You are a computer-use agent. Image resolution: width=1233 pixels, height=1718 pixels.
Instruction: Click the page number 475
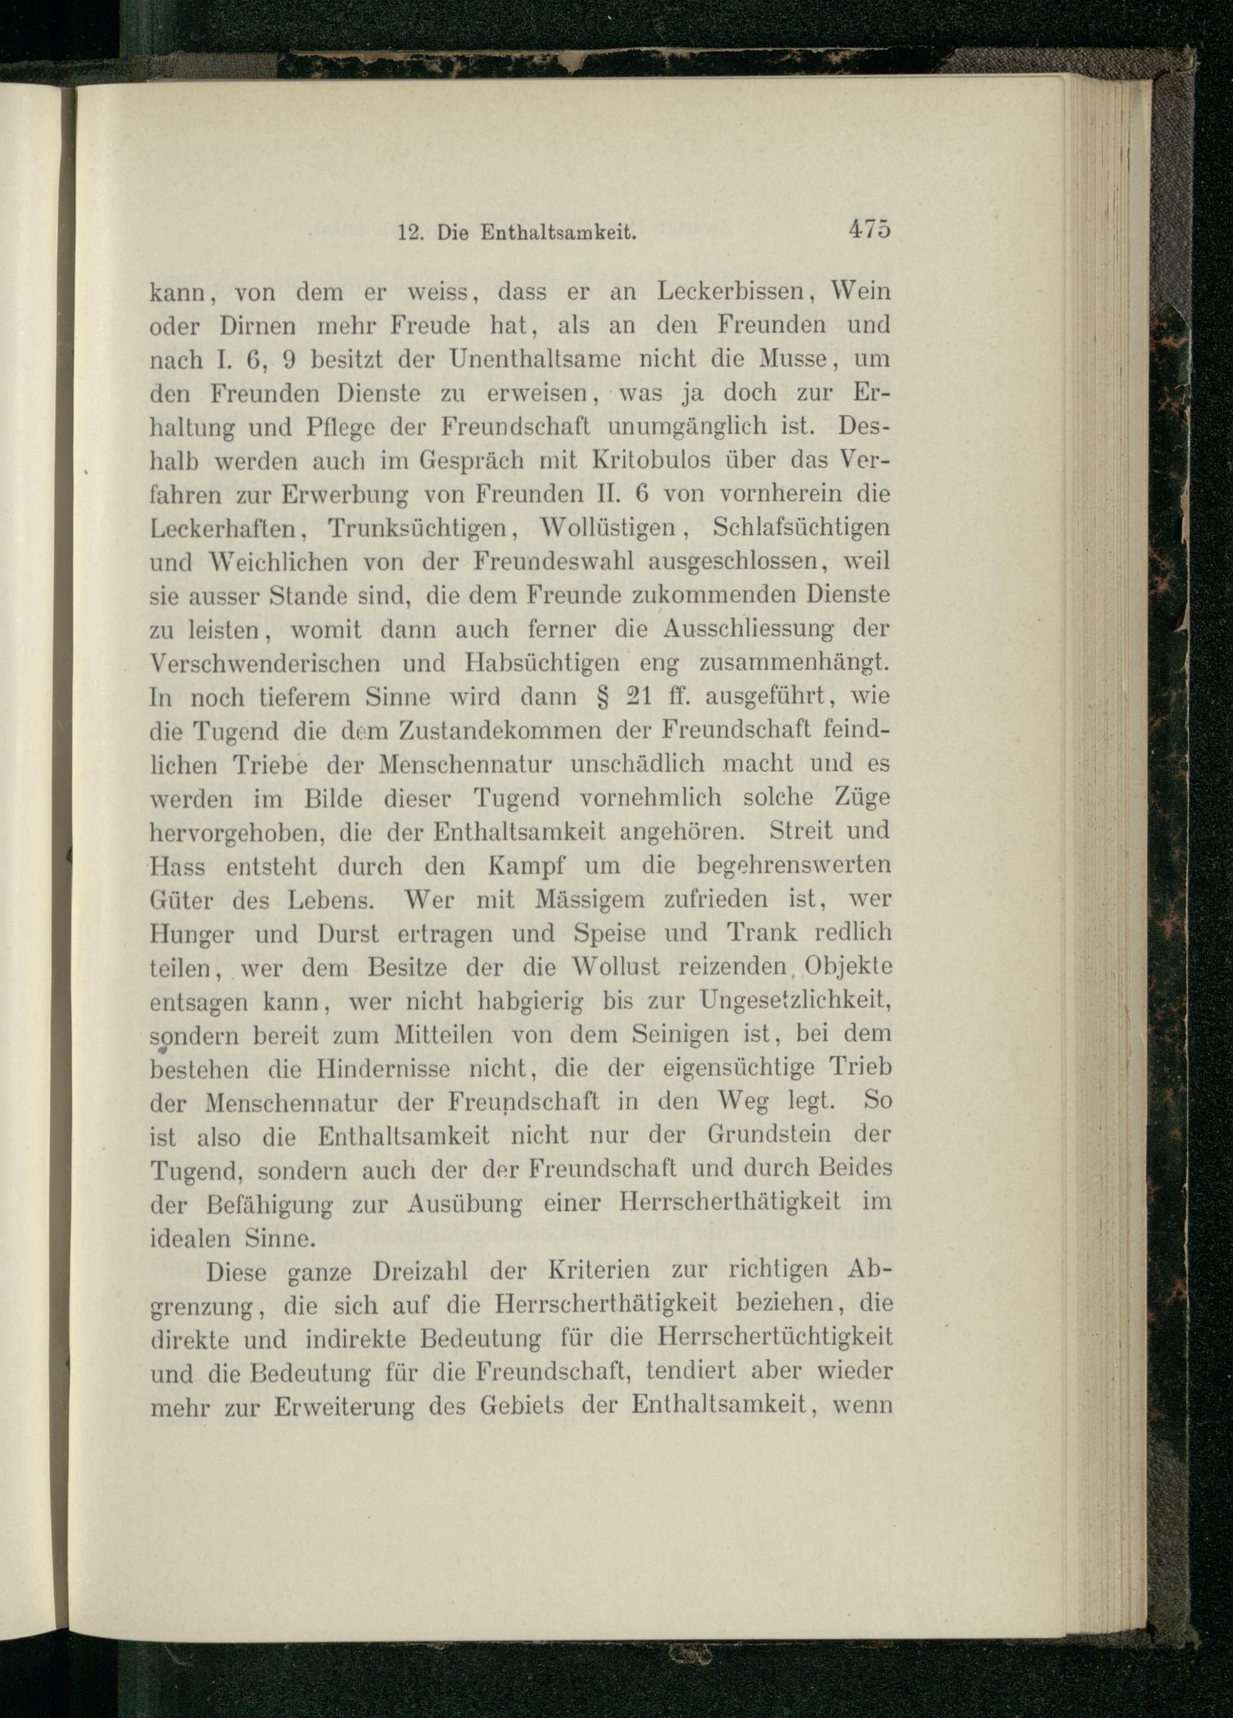(869, 229)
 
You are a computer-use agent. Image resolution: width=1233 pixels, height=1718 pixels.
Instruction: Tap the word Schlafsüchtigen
(801, 528)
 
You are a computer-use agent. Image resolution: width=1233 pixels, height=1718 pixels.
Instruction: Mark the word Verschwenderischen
(265, 664)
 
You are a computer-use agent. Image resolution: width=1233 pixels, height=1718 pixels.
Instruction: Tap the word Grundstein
(769, 1136)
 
